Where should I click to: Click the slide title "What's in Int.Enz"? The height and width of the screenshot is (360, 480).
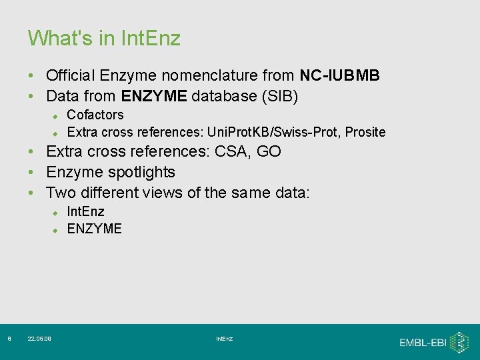point(104,38)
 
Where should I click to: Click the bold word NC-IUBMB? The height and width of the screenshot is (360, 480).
point(339,75)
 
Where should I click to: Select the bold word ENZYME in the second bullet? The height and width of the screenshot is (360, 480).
point(154,96)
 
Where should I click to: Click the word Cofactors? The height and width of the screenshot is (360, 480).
point(95,115)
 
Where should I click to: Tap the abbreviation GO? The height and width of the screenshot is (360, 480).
point(269,151)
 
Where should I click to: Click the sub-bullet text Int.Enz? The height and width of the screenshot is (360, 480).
point(86,211)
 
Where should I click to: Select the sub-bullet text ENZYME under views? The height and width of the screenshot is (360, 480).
point(95,229)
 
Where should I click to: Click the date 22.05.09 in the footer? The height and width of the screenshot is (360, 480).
point(39,339)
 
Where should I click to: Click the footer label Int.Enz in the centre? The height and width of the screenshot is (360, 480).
point(225,339)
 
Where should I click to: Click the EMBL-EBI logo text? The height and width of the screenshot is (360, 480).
point(423,343)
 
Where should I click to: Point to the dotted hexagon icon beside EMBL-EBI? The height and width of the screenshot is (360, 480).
point(459,343)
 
